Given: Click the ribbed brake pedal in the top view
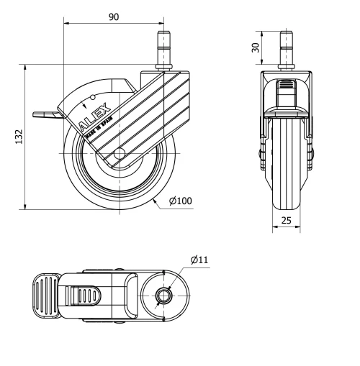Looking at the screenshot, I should pos(45,295).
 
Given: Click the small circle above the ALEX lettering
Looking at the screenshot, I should pos(93,97).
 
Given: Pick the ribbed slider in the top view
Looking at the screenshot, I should pos(85,295).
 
